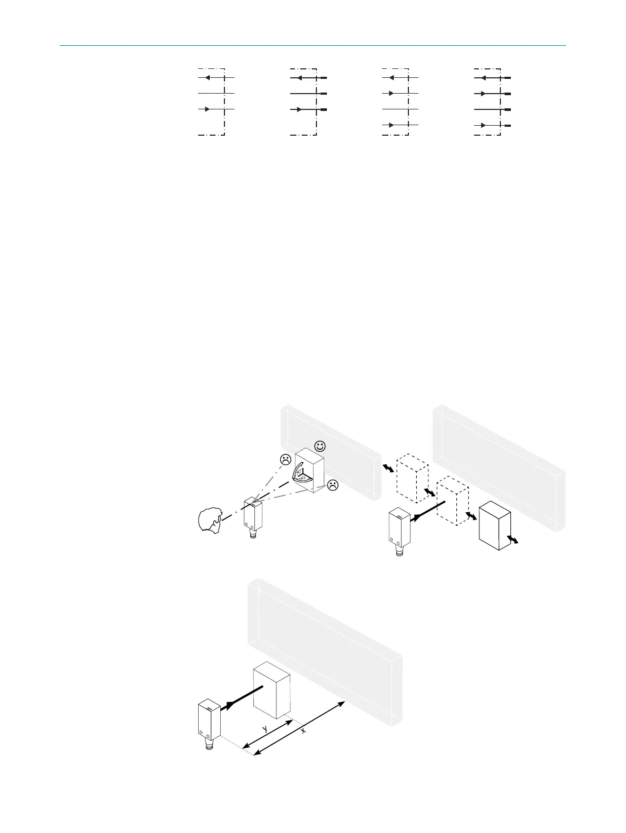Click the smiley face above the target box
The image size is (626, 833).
(x=320, y=446)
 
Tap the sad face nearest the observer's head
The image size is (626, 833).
(x=285, y=459)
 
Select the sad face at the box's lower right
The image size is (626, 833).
(x=332, y=485)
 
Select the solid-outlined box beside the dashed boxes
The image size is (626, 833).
(x=495, y=525)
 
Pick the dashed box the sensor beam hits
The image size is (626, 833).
(x=453, y=500)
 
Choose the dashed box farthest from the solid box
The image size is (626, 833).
(x=412, y=478)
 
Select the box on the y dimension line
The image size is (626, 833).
(x=272, y=690)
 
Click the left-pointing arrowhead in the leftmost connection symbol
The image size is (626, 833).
(x=208, y=78)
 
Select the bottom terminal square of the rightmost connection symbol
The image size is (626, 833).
(x=507, y=126)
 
